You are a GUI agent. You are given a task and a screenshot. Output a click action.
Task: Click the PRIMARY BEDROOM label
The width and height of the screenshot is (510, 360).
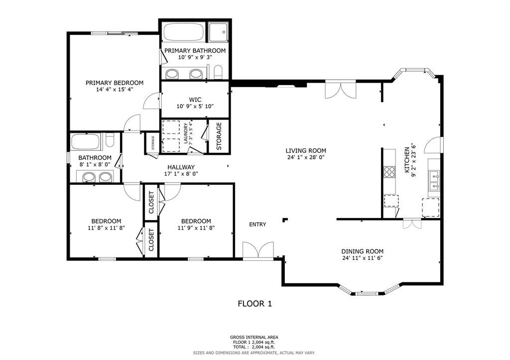click(x=115, y=83)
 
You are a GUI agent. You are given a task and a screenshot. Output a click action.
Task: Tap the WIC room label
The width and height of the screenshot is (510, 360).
click(x=195, y=100)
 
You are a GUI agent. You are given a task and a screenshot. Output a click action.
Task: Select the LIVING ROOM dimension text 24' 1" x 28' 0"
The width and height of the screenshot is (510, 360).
click(x=306, y=157)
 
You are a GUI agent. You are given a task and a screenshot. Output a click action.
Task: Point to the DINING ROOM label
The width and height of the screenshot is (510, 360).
click(x=363, y=251)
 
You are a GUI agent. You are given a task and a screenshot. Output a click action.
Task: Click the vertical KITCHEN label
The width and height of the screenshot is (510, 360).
click(x=406, y=160)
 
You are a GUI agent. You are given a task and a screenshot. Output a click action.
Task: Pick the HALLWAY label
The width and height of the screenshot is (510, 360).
click(x=181, y=167)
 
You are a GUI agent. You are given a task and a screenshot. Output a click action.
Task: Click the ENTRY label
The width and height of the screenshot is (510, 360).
click(x=257, y=225)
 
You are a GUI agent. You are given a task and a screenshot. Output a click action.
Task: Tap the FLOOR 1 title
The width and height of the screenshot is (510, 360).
click(x=255, y=304)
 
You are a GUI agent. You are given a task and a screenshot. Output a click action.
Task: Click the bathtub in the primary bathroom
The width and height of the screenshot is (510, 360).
click(x=183, y=32)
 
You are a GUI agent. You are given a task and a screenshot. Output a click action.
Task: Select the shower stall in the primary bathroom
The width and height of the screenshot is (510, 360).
click(x=218, y=32)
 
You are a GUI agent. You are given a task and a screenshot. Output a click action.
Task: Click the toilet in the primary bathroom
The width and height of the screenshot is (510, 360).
click(x=218, y=72)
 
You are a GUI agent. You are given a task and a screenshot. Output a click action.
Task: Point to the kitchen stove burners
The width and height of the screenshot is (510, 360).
click(x=389, y=172)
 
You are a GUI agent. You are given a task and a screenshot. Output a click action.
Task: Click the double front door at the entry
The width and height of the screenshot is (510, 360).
click(x=258, y=251)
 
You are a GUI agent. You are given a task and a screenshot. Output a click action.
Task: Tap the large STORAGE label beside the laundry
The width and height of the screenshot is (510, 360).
click(x=219, y=136)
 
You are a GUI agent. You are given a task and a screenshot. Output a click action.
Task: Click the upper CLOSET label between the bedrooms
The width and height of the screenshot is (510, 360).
click(x=151, y=202)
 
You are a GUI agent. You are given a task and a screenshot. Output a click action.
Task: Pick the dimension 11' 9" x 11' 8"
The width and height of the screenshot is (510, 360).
click(x=196, y=228)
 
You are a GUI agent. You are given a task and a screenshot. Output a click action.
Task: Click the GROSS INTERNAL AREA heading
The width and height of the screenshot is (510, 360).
click(x=254, y=337)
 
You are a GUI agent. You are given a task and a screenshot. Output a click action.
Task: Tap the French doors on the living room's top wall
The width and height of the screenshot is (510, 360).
click(x=341, y=90)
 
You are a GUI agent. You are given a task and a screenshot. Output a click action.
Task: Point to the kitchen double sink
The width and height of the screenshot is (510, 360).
click(x=434, y=181)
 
